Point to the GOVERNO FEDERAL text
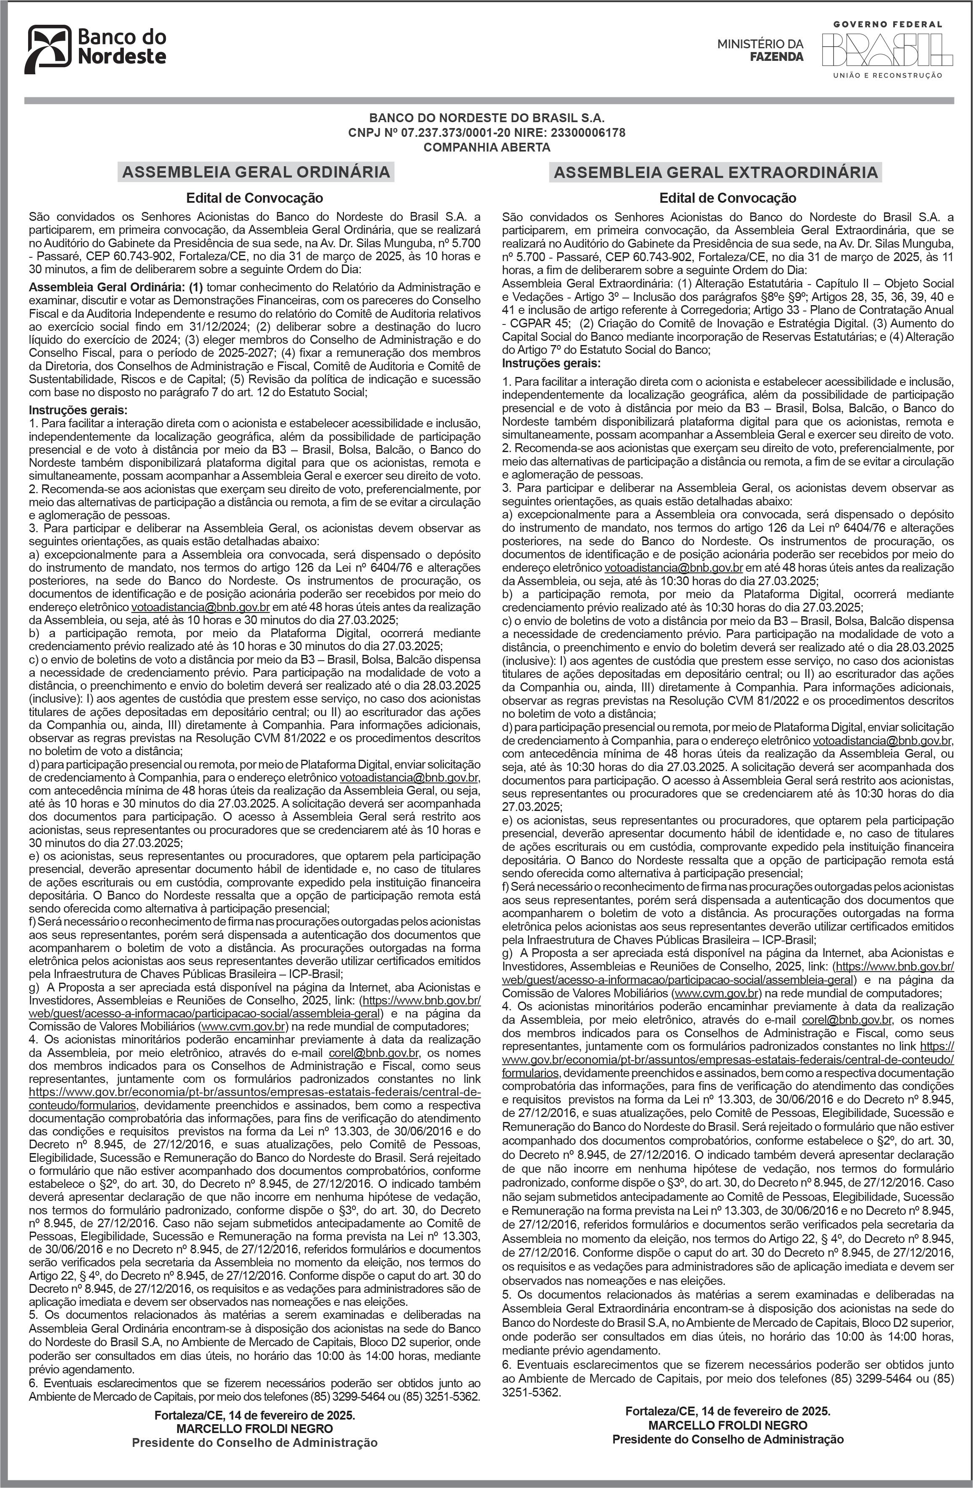pyautogui.click(x=887, y=24)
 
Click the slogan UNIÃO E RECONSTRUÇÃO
pyautogui.click(x=887, y=76)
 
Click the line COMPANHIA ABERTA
pyautogui.click(x=486, y=148)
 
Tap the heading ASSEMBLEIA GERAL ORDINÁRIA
pyautogui.click(x=256, y=172)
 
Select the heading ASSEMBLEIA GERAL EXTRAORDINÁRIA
pyautogui.click(x=716, y=173)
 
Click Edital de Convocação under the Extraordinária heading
pyautogui.click(x=728, y=198)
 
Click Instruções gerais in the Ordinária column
pyautogui.click(x=78, y=410)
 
